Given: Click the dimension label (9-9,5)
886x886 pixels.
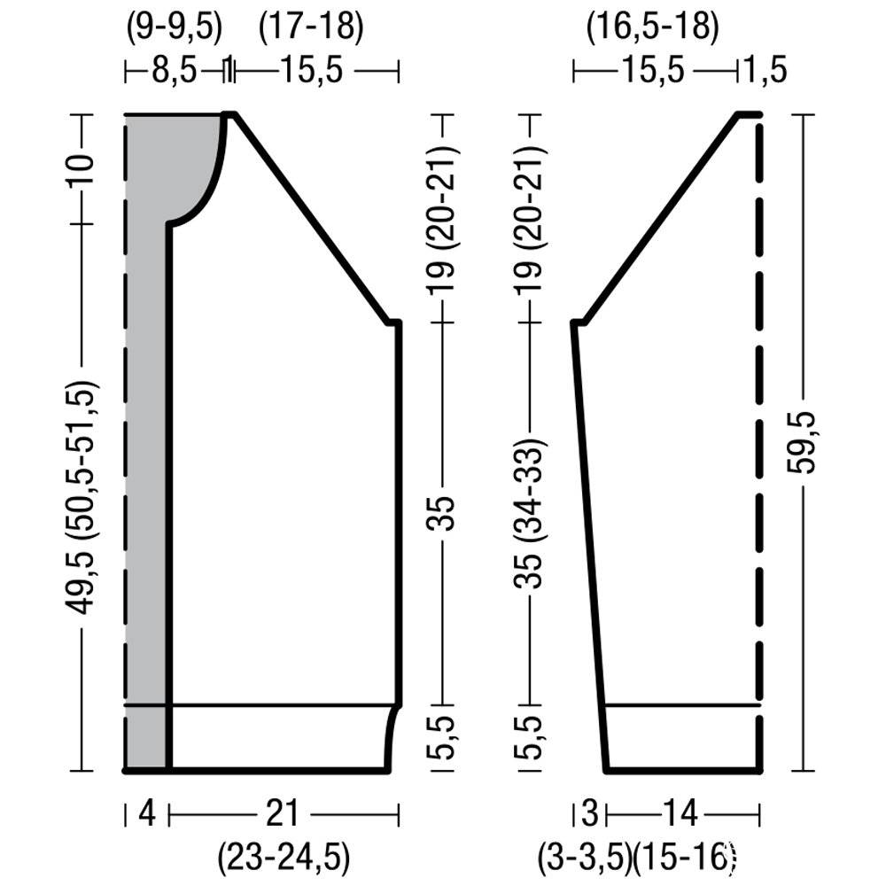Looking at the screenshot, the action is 174,27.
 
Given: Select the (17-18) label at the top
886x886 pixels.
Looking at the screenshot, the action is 311,27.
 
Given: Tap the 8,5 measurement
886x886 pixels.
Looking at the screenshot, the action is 174,71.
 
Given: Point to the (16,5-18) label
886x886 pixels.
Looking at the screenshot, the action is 653,27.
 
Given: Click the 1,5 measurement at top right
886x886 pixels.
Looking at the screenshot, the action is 764,71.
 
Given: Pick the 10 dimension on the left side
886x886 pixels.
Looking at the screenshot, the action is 81,169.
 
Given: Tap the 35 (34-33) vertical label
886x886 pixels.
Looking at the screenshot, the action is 530,512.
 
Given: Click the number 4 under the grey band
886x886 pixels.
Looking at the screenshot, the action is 147,813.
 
